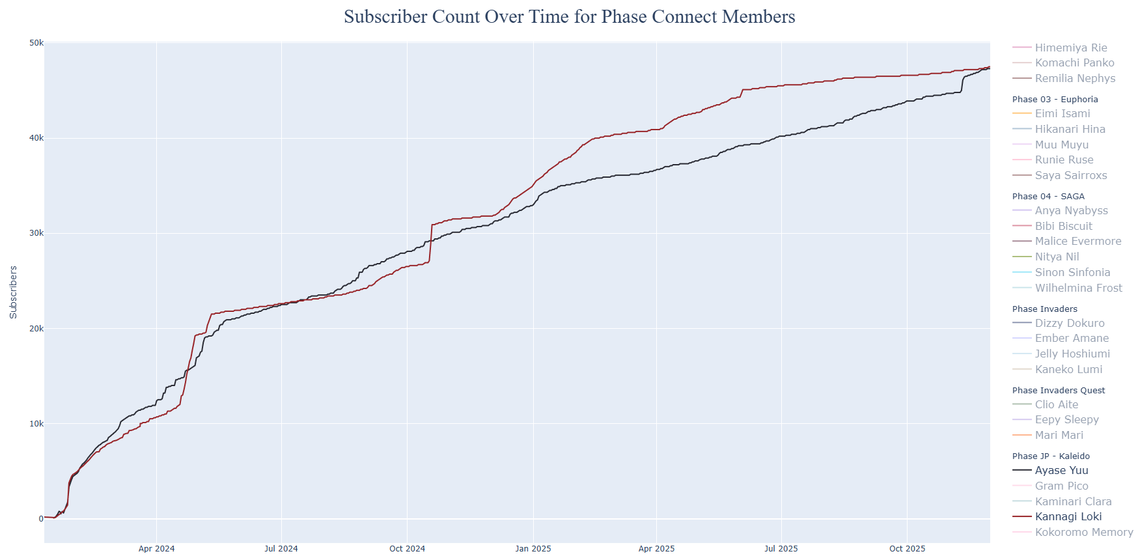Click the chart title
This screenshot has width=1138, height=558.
point(569,17)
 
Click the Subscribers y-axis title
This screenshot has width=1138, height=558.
point(13,292)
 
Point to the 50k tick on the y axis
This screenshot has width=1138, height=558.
point(36,43)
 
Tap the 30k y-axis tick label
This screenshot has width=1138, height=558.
point(36,233)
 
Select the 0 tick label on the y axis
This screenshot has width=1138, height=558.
point(41,519)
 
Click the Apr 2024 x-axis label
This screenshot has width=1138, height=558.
point(156,549)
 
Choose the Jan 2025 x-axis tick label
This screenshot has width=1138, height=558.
point(533,549)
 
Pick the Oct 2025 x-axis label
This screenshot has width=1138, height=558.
point(907,549)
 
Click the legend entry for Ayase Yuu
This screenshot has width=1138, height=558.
point(1061,470)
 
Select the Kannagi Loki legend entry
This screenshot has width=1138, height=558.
point(1068,516)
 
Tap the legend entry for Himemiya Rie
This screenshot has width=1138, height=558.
point(1070,48)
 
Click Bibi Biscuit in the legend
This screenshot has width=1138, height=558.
point(1063,226)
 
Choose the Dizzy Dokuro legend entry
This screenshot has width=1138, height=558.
point(1069,323)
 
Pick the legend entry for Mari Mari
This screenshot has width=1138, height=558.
point(1059,435)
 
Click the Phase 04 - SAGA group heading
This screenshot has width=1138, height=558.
point(1048,196)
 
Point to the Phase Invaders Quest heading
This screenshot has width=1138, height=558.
point(1059,390)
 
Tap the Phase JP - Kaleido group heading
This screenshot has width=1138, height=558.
point(1051,456)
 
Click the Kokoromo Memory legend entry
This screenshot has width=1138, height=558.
point(1083,532)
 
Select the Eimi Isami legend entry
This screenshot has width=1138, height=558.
point(1062,113)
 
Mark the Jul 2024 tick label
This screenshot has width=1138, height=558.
point(281,549)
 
